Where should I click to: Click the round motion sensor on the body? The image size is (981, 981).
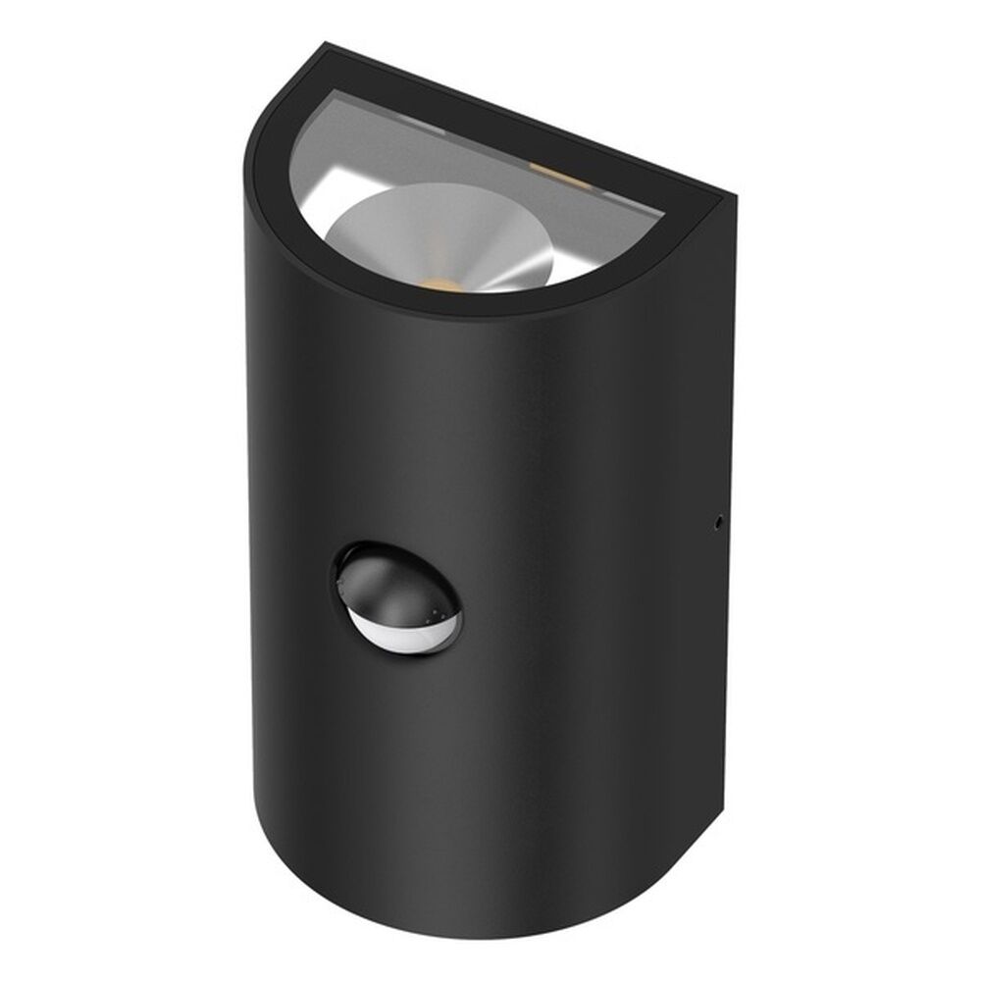coord(397,598)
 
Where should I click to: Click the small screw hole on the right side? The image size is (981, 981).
coord(719,522)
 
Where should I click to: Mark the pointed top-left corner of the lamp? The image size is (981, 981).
coord(327,44)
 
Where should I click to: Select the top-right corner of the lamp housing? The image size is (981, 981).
coord(731,196)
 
